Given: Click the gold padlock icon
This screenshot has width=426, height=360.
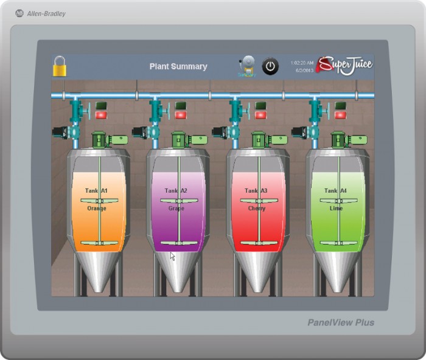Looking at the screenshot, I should tap(59, 67).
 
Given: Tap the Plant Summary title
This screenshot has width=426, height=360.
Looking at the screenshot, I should tap(178, 67).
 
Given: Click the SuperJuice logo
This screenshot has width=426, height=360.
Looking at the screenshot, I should tap(344, 64).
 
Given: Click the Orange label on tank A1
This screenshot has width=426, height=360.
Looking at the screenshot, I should tap(96, 209).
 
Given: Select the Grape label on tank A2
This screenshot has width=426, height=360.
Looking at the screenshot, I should tap(175, 209).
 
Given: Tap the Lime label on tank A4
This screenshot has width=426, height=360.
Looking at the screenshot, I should tap(337, 209).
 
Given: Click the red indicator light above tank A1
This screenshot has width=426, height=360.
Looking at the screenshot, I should tap(100, 115).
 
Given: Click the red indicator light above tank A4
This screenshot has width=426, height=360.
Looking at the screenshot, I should tap(340, 115).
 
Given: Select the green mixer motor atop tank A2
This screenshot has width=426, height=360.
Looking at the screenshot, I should tap(180, 139).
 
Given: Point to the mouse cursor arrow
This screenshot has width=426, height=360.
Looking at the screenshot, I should tap(172, 256).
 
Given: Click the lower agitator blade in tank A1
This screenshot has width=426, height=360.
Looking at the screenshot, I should tap(99, 243).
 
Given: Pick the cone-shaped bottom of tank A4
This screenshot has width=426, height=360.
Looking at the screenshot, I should tap(338, 271).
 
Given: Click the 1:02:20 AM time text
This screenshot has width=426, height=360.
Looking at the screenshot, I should tap(302, 63).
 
